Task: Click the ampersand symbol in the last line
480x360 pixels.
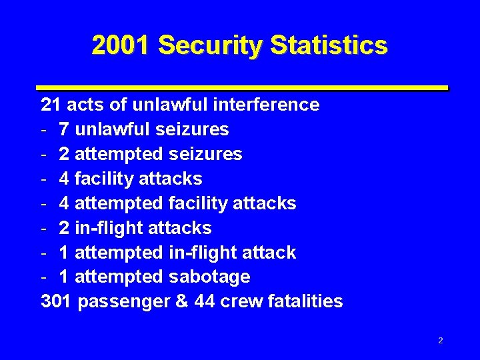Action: (x=181, y=301)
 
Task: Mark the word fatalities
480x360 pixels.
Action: (x=306, y=301)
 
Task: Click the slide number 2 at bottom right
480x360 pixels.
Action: (x=441, y=341)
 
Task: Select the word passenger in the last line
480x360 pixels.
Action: (x=123, y=302)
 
